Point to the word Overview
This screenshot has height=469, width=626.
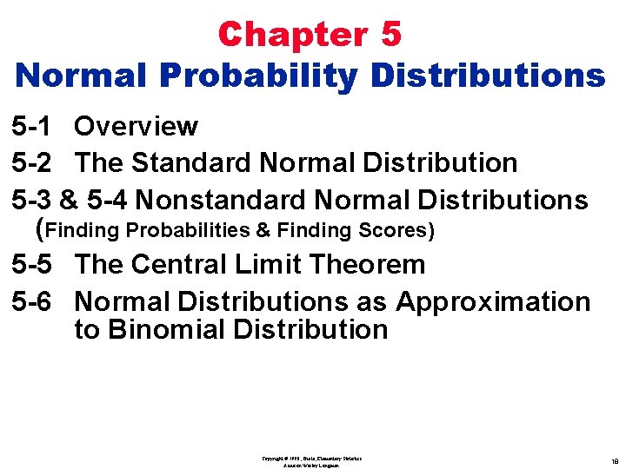click(136, 127)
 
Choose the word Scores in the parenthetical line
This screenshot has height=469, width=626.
click(396, 231)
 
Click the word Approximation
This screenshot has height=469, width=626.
click(493, 302)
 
